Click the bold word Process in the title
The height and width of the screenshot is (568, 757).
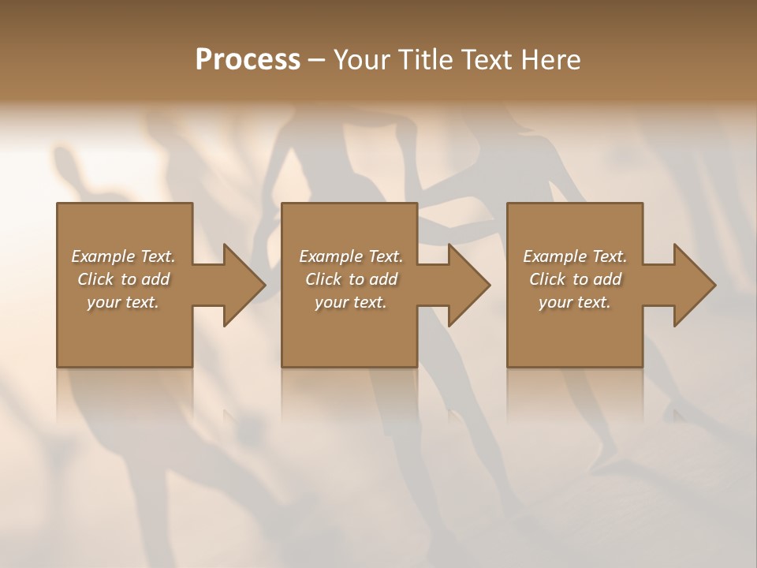tap(248, 60)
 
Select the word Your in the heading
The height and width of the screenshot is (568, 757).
tap(364, 60)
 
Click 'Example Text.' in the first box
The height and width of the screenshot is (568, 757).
tap(123, 256)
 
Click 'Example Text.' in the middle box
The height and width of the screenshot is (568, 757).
tap(351, 256)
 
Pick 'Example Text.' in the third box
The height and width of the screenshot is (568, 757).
tap(575, 256)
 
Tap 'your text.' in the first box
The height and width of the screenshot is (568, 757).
tap(123, 302)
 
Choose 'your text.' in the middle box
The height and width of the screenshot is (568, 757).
tap(351, 302)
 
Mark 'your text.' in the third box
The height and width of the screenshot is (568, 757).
tap(575, 302)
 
